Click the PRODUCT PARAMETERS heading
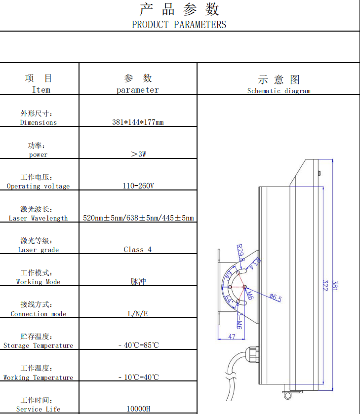coord(179,24)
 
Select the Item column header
coord(41,89)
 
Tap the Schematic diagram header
coord(279,91)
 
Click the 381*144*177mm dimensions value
coord(138,122)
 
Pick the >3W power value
coord(138,154)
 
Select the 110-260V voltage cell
coord(138,186)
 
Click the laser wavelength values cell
coord(138,218)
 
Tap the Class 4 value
coord(138,250)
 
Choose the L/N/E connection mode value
coord(138,313)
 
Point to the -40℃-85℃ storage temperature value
coord(138,345)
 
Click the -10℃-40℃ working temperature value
coord(138,377)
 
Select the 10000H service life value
coord(138,409)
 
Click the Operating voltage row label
coord(38,186)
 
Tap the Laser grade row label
coord(38,250)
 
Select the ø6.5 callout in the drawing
coord(275,298)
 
